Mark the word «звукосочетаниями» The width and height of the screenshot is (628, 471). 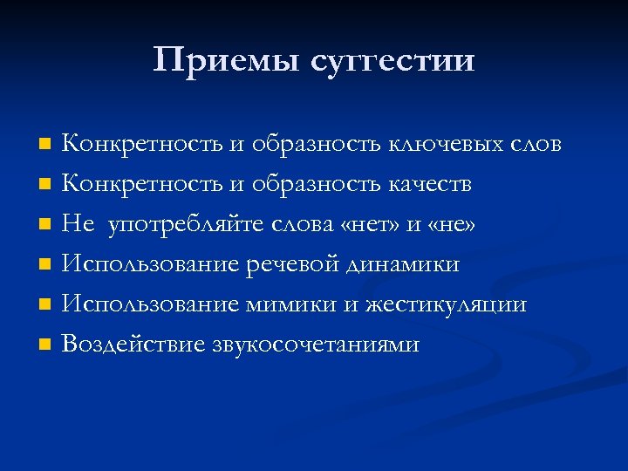coord(316,345)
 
